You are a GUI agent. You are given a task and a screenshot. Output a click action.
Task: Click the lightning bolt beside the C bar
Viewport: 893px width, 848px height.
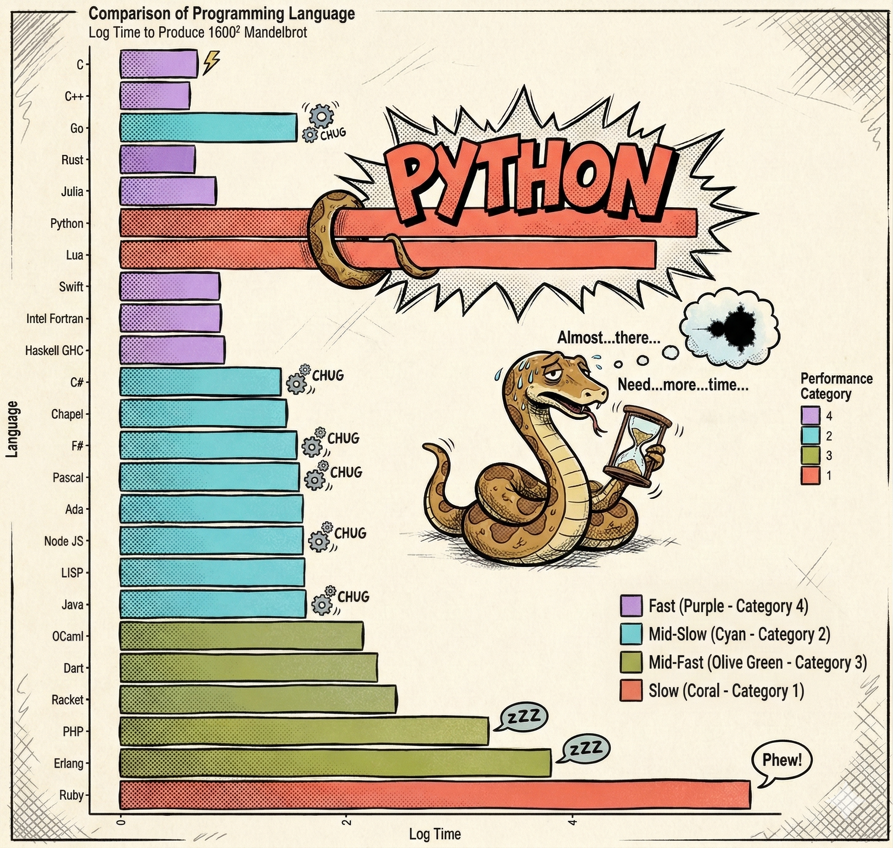211,62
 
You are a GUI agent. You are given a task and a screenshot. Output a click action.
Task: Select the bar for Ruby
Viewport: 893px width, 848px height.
435,795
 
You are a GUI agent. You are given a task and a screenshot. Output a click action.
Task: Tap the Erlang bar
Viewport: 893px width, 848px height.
335,763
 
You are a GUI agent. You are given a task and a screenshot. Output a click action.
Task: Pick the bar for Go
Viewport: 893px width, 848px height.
208,128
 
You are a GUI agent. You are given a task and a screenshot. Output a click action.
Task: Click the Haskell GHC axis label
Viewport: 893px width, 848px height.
54,351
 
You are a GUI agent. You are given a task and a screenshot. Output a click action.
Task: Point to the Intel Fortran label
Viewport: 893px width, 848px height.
55,319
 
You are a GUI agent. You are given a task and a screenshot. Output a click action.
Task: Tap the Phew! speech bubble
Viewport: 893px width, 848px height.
782,761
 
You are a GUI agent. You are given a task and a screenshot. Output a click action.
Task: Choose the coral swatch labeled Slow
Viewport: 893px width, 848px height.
631,691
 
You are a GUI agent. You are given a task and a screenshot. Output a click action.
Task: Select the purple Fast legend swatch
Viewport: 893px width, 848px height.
631,606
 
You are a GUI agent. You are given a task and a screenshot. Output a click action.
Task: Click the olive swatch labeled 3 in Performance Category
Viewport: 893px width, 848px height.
810,456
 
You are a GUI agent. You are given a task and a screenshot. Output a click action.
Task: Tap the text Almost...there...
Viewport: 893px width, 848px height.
608,338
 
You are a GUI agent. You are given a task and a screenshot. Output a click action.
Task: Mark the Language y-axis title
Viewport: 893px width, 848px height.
13,429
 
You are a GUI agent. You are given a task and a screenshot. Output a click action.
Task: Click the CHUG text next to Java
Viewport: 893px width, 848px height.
353,597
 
